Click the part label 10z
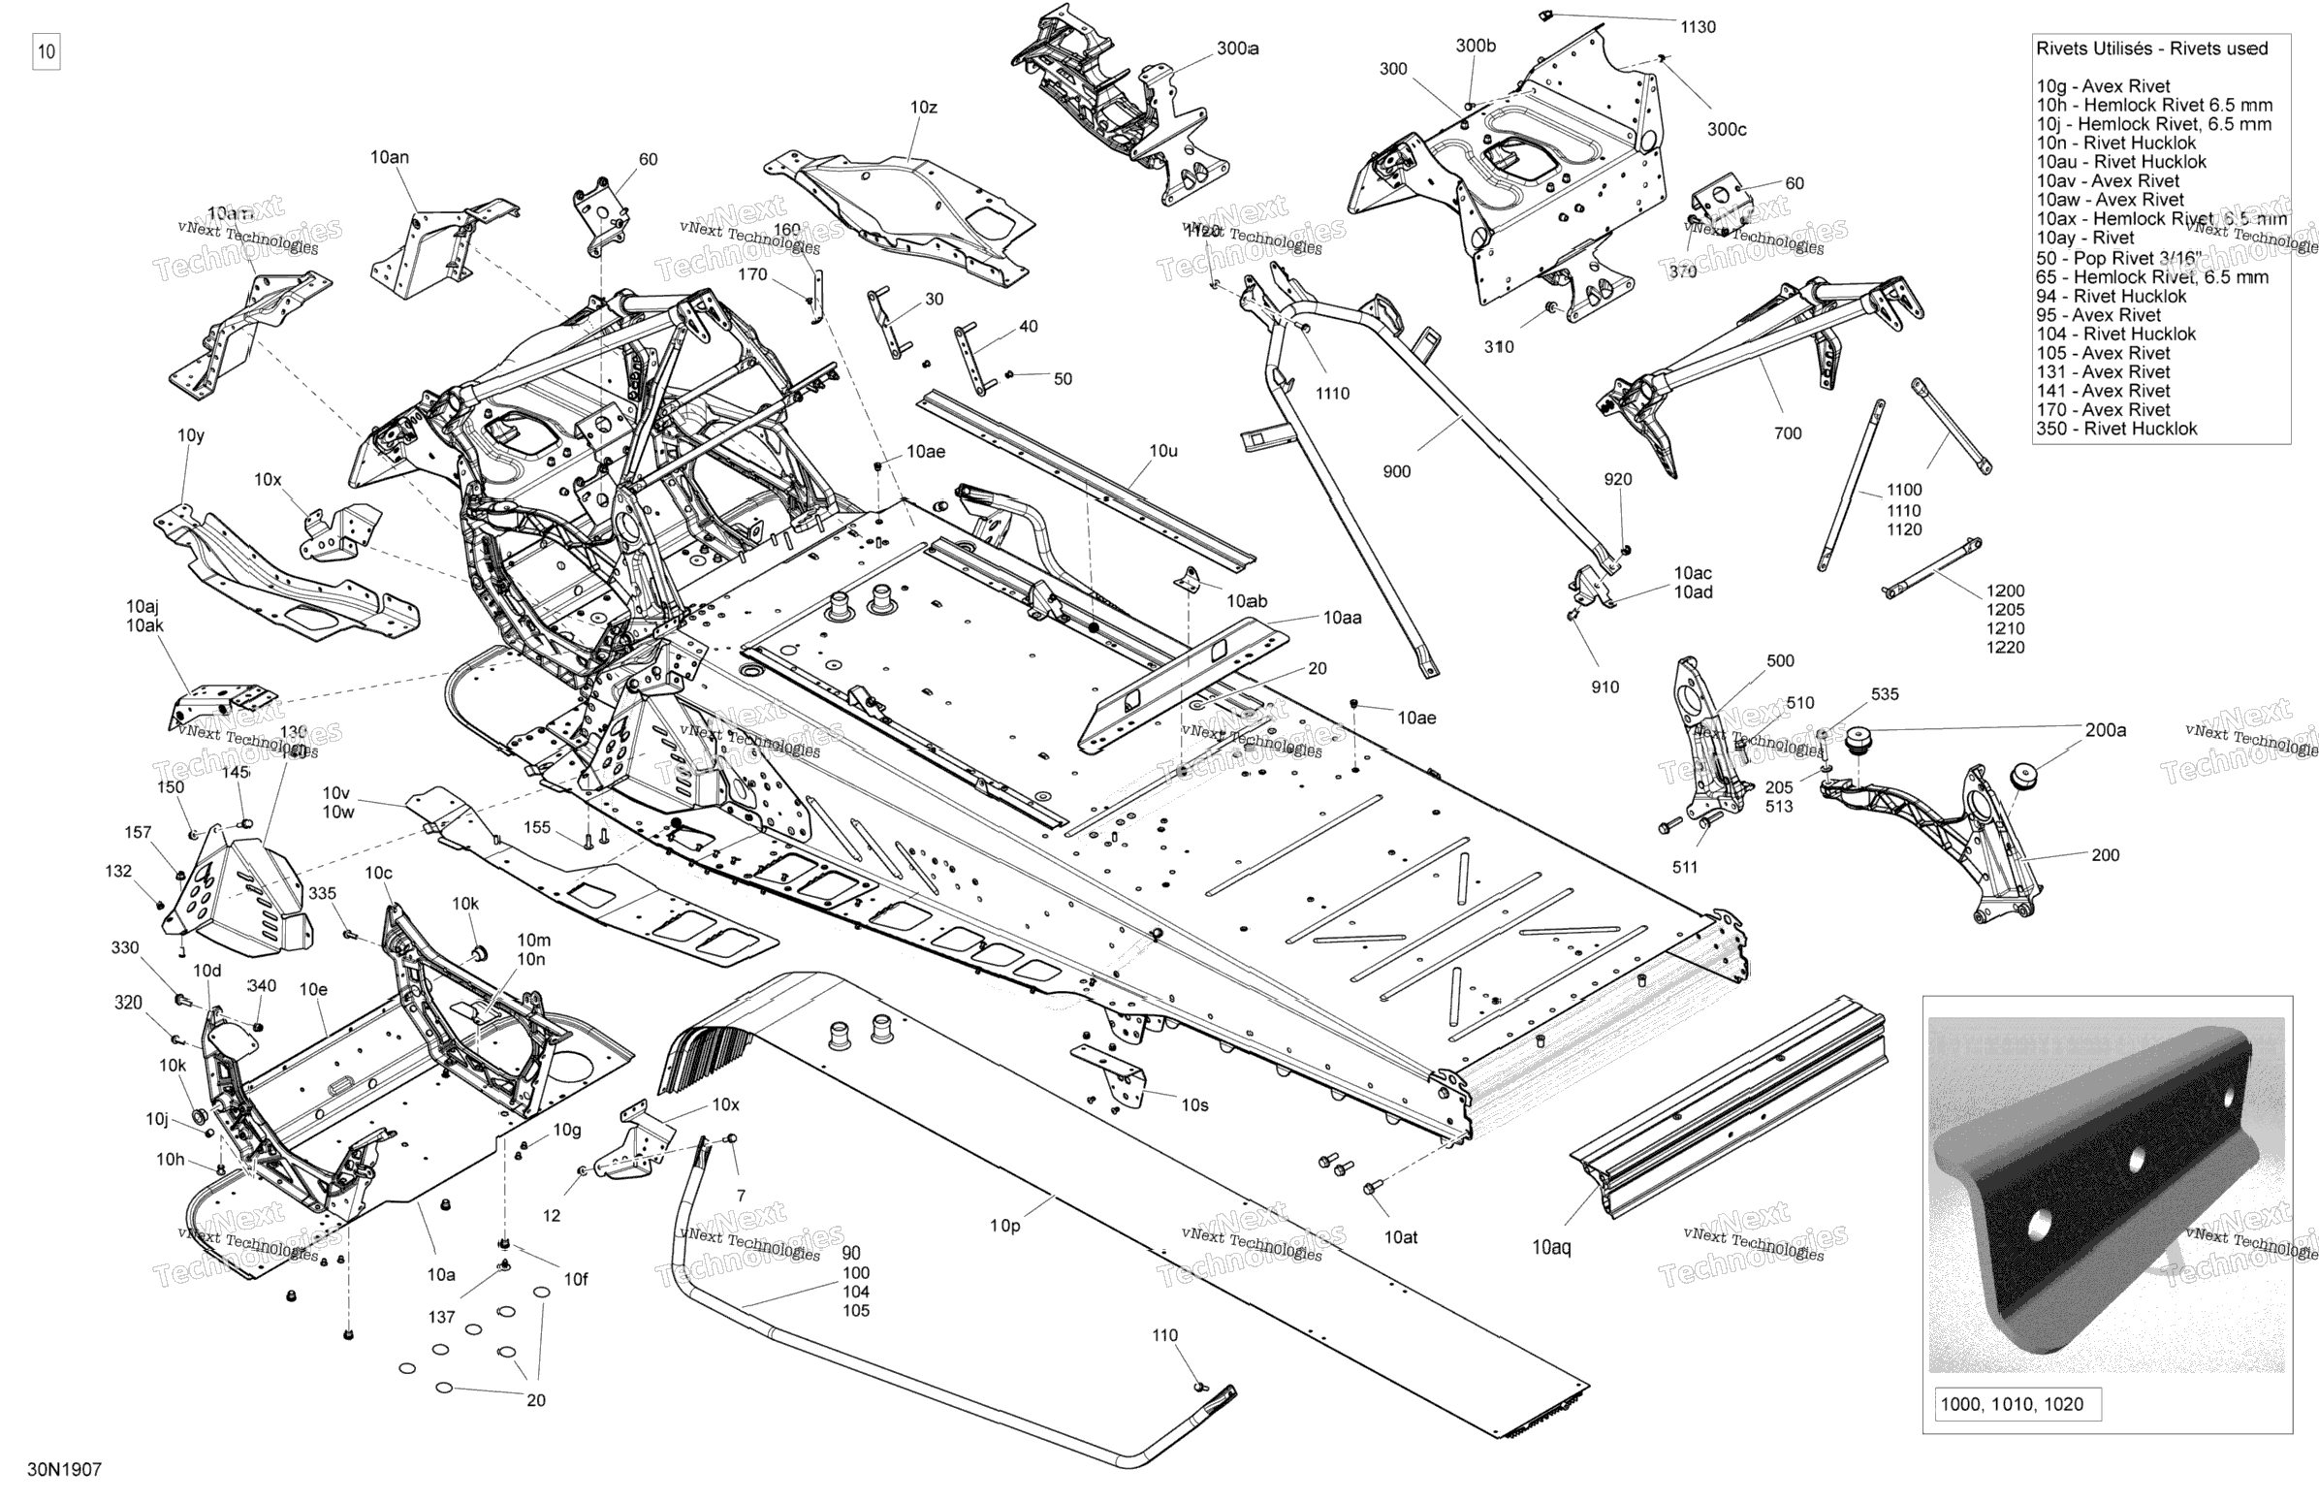[923, 108]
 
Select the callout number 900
[1396, 472]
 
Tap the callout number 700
[1787, 433]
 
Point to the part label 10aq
[1551, 1248]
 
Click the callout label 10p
[1004, 1226]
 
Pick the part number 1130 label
[1698, 27]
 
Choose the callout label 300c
[1727, 130]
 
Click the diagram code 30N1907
[64, 1470]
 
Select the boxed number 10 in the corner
[46, 51]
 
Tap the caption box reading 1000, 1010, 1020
[2011, 1404]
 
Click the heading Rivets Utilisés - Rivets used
[2151, 48]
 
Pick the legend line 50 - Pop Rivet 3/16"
[2118, 258]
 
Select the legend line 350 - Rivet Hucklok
[2116, 429]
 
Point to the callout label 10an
[389, 157]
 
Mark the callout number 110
[1164, 1335]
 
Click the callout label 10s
[1194, 1105]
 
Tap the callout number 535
[1885, 694]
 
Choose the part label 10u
[1163, 451]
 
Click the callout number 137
[441, 1317]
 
